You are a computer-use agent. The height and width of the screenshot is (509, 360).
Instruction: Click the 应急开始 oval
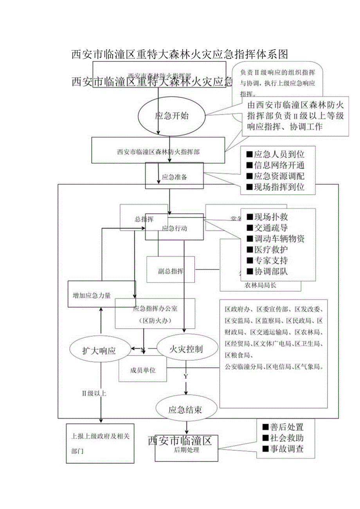click(171, 116)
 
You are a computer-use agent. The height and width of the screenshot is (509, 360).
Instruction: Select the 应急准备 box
click(174, 177)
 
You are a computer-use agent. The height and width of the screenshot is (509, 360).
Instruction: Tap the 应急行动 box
click(174, 228)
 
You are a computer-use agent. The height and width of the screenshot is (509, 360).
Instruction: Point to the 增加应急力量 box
click(92, 296)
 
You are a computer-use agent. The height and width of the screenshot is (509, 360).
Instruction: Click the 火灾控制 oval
click(186, 348)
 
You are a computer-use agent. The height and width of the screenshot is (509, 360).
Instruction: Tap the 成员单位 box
click(143, 370)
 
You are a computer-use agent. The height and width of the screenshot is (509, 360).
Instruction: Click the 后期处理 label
click(186, 450)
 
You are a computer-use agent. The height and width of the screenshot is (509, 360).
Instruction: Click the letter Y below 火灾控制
click(186, 376)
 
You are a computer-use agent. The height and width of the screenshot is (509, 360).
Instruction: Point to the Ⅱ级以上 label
click(94, 393)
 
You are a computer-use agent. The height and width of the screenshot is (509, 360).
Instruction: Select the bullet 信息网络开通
click(275, 165)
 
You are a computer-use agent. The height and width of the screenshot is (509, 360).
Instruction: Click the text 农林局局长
click(260, 285)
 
